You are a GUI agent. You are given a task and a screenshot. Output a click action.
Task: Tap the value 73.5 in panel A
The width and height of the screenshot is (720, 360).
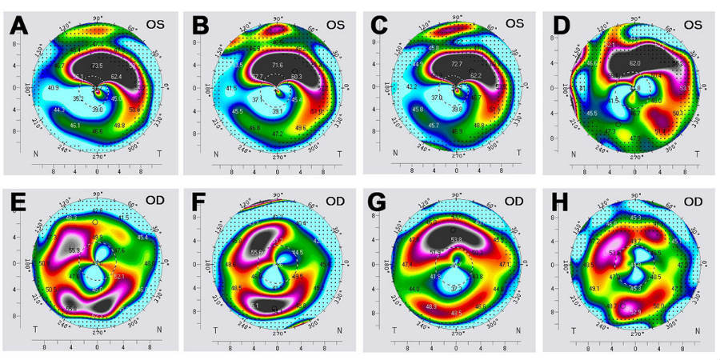pyautogui.click(x=97, y=65)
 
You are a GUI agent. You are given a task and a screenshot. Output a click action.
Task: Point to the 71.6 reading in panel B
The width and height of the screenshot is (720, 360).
pyautogui.click(x=277, y=65)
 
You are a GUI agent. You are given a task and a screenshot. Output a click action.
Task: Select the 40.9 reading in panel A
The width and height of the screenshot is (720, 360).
pyautogui.click(x=53, y=87)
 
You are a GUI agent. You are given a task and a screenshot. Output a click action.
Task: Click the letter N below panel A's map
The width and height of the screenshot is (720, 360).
pyautogui.click(x=14, y=153)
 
